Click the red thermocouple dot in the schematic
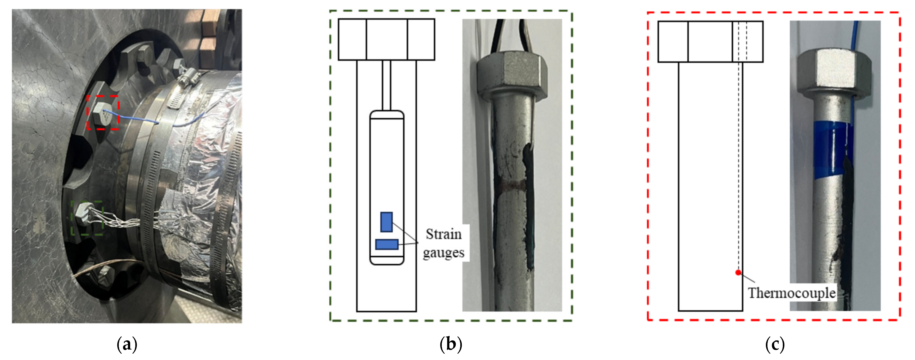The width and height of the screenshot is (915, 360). click(x=738, y=273)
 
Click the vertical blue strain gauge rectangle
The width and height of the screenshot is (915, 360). click(x=387, y=222)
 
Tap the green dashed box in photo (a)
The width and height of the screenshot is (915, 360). click(x=87, y=218)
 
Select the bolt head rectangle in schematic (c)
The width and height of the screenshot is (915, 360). click(x=710, y=42)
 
